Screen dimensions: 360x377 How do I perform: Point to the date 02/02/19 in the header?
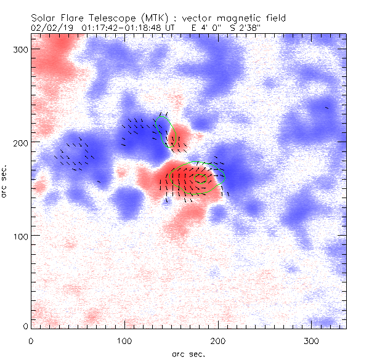[50, 28]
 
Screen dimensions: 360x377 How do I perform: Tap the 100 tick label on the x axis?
[124, 340]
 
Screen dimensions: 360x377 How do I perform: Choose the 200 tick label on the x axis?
[218, 340]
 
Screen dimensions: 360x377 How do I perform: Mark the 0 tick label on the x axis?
[31, 340]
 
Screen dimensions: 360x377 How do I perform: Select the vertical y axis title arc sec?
[5, 181]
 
